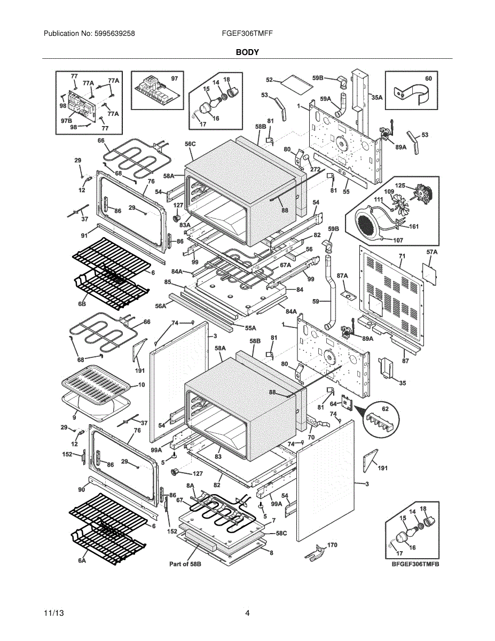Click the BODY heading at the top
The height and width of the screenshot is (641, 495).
(x=247, y=52)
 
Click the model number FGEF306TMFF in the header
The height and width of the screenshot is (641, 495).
(x=247, y=33)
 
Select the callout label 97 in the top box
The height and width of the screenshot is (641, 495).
(x=174, y=79)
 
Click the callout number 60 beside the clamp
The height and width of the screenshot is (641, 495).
(x=428, y=79)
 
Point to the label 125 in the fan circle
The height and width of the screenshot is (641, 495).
(x=400, y=186)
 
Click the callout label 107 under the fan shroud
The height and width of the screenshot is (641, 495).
(x=398, y=240)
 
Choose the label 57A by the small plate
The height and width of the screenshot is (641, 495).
(x=432, y=252)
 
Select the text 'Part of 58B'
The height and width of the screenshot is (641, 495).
(x=185, y=564)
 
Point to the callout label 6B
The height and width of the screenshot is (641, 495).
(x=82, y=303)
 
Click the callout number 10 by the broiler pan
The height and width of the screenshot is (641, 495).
(x=142, y=385)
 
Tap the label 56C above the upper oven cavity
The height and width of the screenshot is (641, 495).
(x=191, y=144)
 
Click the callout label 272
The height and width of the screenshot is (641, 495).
(x=316, y=169)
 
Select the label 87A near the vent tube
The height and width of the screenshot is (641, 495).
(x=342, y=276)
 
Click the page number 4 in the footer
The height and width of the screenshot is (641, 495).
(x=247, y=613)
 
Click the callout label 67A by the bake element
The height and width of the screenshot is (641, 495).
(x=285, y=265)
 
